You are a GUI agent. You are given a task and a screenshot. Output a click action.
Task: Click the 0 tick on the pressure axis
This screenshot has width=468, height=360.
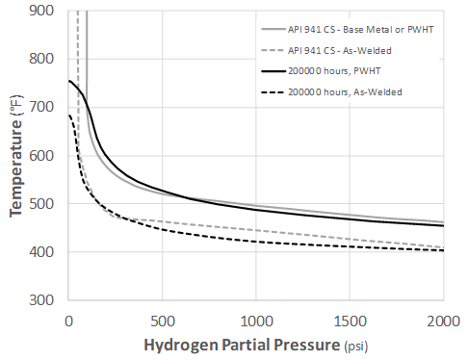pyautogui.click(x=68, y=320)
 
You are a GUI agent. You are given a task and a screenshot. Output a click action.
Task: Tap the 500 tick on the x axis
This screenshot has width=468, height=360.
pyautogui.click(x=162, y=320)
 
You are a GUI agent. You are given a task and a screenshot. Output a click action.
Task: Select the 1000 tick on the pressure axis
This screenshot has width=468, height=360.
pyautogui.click(x=256, y=320)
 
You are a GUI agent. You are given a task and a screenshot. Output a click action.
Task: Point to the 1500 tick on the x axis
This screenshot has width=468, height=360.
pyautogui.click(x=350, y=320)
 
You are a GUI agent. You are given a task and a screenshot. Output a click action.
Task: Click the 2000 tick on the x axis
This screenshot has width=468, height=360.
pyautogui.click(x=444, y=320)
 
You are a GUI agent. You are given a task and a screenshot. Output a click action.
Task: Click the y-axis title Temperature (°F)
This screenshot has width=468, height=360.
pyautogui.click(x=16, y=154)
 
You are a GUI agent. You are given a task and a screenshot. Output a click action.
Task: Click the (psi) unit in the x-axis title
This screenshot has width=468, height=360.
pyautogui.click(x=356, y=346)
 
